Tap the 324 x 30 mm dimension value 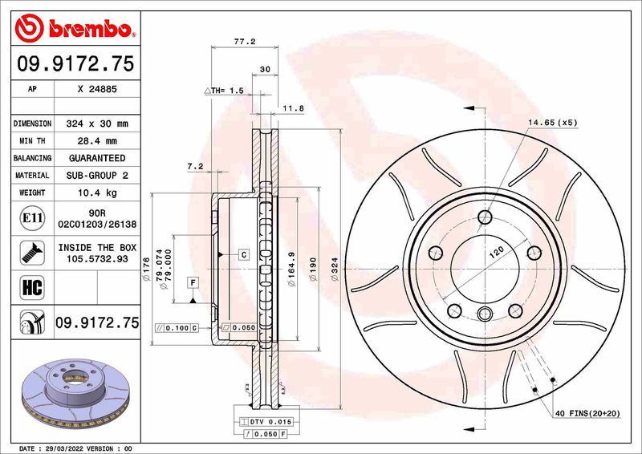96,124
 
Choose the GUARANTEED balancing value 96,158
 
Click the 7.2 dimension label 194,167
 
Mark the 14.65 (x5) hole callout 552,122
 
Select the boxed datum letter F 193,282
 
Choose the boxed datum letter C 242,253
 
